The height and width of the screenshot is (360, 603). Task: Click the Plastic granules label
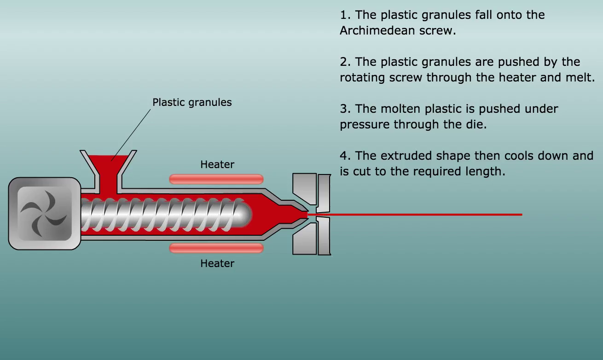192,102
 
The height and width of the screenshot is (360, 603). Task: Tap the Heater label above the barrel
217,164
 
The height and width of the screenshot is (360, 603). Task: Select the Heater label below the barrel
217,263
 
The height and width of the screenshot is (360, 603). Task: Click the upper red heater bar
216,179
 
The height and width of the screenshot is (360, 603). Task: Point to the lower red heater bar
216,248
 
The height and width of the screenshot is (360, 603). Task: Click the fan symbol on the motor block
44,214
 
